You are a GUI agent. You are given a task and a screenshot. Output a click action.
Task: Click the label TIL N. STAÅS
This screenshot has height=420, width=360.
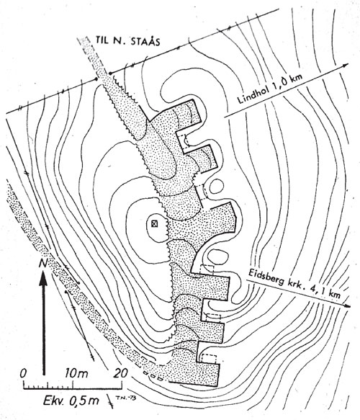(x=127, y=42)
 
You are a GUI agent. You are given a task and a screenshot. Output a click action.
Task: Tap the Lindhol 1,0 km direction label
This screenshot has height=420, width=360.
(x=270, y=89)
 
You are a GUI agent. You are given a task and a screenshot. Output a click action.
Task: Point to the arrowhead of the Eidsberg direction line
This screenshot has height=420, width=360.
(x=347, y=305)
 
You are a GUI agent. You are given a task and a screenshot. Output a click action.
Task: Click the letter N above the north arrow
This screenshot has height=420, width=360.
(x=43, y=263)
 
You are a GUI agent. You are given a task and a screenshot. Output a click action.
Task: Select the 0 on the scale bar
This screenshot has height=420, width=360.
(x=24, y=373)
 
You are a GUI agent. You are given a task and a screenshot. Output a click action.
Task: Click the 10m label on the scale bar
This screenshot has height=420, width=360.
(x=76, y=373)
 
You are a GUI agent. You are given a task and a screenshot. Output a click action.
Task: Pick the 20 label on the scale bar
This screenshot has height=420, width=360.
(x=120, y=373)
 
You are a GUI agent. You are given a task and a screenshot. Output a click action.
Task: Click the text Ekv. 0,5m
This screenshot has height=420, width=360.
(x=71, y=401)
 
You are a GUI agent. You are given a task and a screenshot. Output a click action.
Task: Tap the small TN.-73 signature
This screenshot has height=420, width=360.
(x=125, y=398)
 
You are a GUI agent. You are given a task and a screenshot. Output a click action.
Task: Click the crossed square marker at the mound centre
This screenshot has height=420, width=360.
(x=154, y=223)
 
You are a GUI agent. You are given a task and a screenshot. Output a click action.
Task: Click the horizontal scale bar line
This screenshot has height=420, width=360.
(x=73, y=388)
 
